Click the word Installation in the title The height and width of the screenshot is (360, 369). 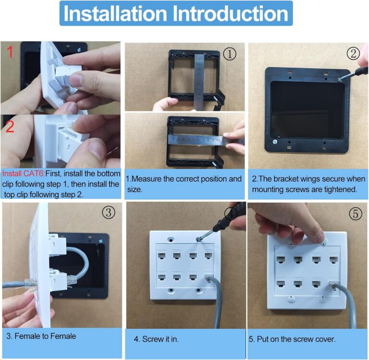(x=115, y=13)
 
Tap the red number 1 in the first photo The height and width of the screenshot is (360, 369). (x=10, y=52)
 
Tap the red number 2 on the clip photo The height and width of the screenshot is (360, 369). (x=10, y=126)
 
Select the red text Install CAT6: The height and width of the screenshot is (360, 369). (x=24, y=174)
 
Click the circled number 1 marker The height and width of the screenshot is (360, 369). (x=230, y=54)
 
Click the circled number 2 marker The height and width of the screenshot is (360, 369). (x=353, y=53)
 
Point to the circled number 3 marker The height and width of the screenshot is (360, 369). (x=109, y=212)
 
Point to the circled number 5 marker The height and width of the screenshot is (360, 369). (x=356, y=214)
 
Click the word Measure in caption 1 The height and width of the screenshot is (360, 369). (x=146, y=179)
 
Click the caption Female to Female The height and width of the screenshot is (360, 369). (x=45, y=336)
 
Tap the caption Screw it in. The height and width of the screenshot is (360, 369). (x=160, y=339)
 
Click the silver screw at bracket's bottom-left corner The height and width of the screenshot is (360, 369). (x=275, y=142)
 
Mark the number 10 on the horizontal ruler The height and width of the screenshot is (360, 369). (x=218, y=140)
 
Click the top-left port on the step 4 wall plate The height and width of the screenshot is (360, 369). (x=161, y=256)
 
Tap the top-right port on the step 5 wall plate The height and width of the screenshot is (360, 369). (x=334, y=260)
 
